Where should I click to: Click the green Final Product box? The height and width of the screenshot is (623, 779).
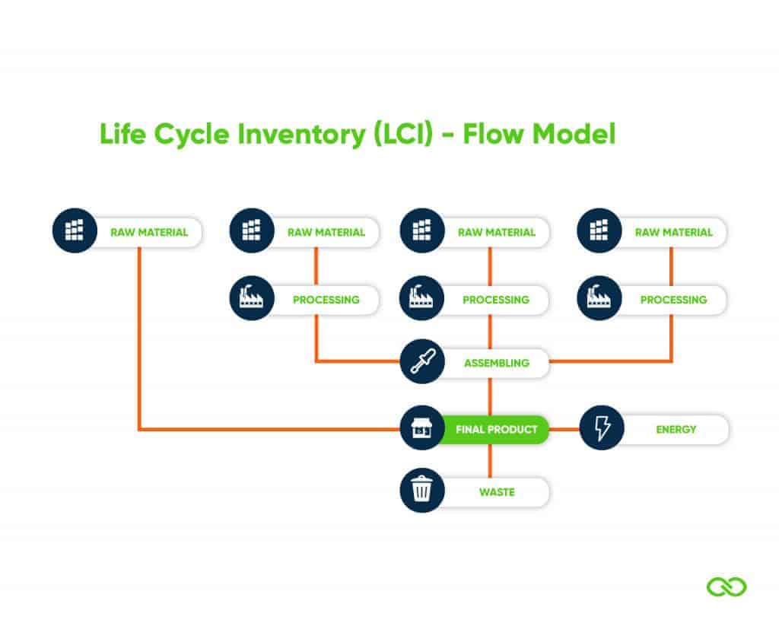496,430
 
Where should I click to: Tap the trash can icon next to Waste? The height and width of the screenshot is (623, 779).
421,491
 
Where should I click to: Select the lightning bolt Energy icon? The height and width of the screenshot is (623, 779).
602,429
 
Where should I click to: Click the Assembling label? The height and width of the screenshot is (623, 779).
496,364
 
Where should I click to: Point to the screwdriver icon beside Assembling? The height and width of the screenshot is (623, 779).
421,362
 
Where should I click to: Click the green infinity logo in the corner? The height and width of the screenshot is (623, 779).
727,586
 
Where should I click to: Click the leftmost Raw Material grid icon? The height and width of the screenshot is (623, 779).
75,230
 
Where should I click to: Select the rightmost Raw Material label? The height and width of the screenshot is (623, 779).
673,232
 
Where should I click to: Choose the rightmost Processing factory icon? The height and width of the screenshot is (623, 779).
599,299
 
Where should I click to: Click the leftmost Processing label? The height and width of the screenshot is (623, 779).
326,300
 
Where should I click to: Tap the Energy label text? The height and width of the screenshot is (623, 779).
676,430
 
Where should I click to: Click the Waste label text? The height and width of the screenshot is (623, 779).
496,492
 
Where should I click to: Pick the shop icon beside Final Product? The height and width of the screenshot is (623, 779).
421,428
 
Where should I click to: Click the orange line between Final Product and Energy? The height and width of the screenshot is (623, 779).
564,430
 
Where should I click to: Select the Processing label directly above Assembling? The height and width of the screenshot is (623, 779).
495,300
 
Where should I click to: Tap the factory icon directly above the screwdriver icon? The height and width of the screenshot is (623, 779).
421,299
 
